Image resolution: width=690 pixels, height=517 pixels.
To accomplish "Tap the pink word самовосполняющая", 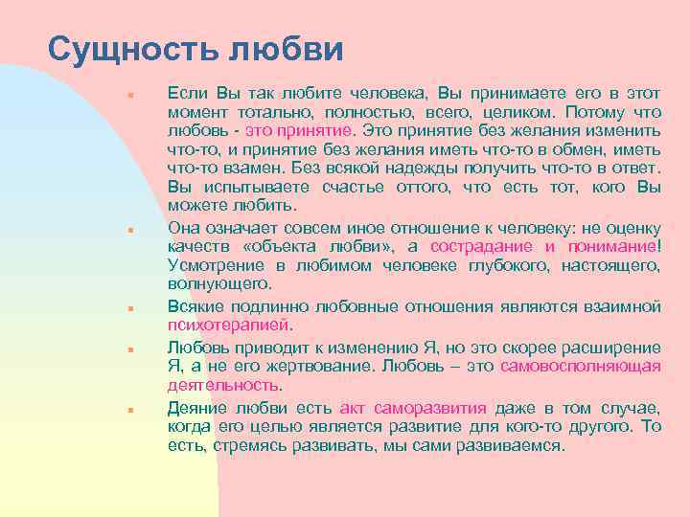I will (x=594, y=366).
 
